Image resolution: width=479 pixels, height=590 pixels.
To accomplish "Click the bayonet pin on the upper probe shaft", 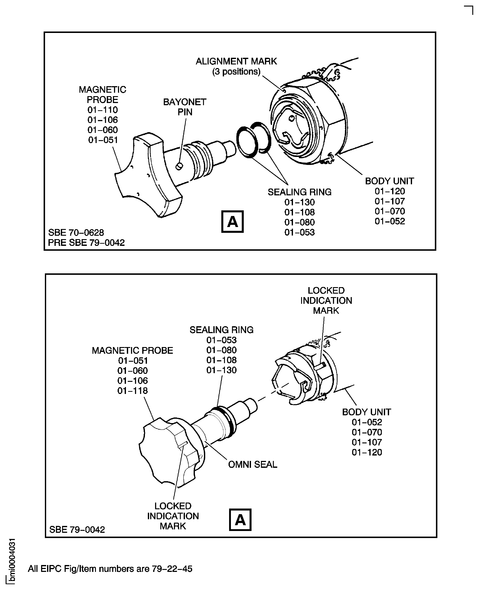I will [x=179, y=166].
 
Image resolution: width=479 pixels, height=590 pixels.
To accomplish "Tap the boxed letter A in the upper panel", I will [x=232, y=222].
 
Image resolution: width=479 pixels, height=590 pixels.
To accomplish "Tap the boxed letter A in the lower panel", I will [x=240, y=520].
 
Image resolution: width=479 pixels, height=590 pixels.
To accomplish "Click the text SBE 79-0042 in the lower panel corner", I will [x=77, y=530].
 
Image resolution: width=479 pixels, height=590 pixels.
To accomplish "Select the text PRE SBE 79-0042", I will [x=86, y=243].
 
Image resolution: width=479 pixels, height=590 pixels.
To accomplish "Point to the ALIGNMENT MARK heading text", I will [x=236, y=61].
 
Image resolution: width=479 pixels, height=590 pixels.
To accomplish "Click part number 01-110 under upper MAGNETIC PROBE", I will [x=103, y=110].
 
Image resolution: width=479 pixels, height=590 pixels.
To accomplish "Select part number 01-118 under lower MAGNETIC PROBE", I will [x=132, y=391].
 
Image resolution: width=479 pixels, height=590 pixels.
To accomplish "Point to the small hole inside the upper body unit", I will [x=291, y=119].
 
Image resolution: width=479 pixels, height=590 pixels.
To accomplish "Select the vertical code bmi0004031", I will [x=12, y=560].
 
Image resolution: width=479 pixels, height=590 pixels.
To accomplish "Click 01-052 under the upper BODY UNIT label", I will [x=390, y=221].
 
